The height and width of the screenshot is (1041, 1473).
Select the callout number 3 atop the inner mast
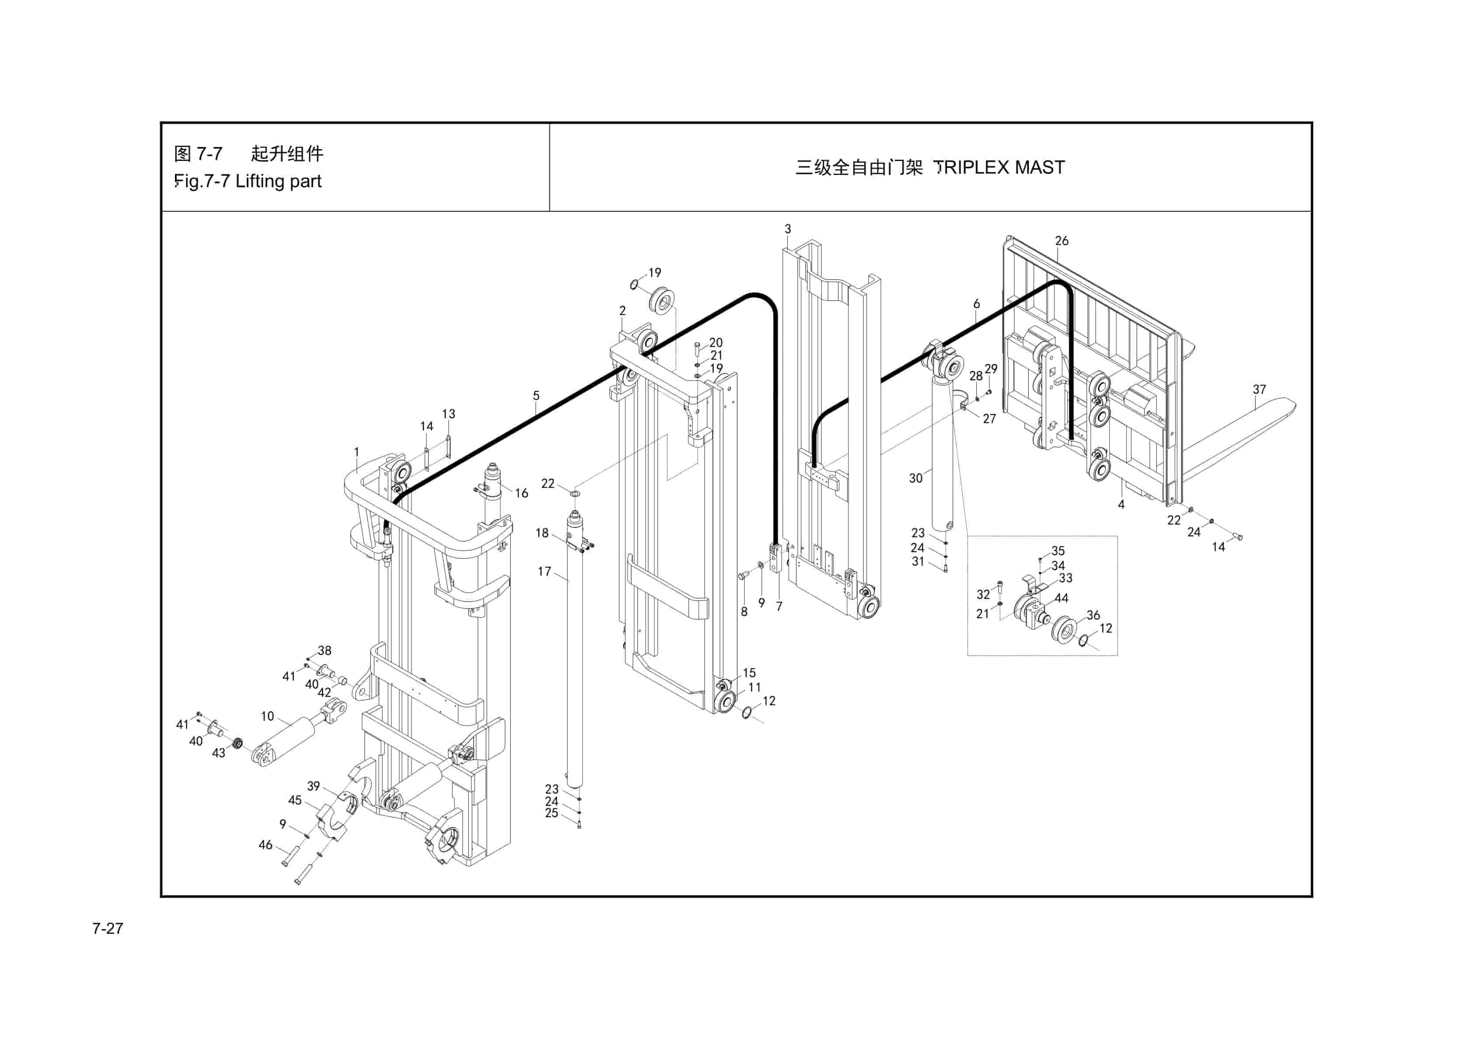[787, 229]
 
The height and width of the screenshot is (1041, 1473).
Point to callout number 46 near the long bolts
[265, 845]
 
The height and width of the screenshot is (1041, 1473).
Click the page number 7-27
[107, 928]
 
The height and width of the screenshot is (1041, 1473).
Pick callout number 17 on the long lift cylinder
[544, 571]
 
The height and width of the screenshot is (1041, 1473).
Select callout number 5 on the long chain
[536, 396]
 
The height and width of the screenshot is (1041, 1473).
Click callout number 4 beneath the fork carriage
[1121, 504]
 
